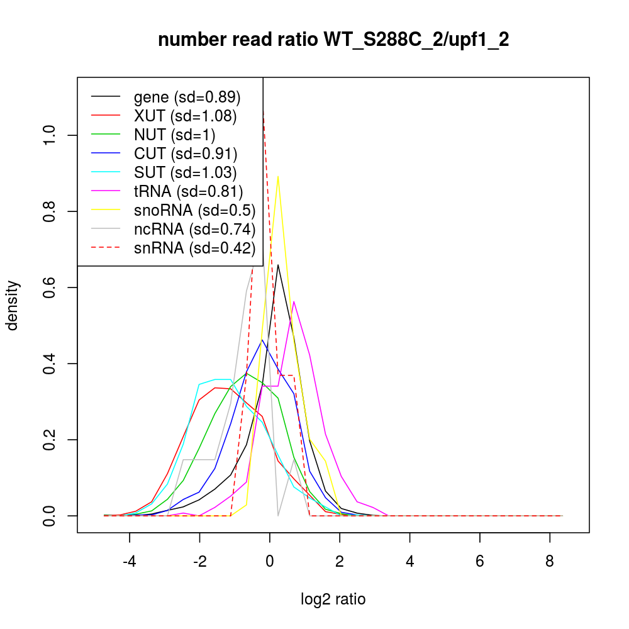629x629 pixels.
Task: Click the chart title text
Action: pyautogui.click(x=333, y=40)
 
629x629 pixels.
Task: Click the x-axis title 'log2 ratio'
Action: pyautogui.click(x=333, y=599)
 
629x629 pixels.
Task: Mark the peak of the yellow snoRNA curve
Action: pyautogui.click(x=278, y=176)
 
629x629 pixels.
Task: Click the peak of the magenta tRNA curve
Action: pyautogui.click(x=294, y=301)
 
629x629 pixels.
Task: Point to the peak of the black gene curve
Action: pyautogui.click(x=278, y=264)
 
